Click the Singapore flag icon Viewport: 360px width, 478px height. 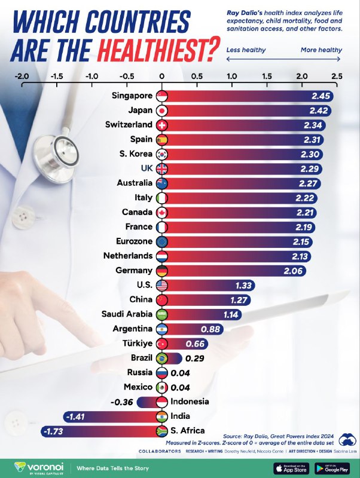point(161,96)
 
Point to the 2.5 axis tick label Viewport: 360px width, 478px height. point(336,76)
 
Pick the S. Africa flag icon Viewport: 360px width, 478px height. point(161,430)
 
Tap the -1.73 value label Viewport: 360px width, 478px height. point(54,430)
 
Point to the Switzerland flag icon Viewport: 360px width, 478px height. point(161,125)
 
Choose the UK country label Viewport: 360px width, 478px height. point(145,168)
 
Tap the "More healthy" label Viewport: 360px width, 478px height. point(322,50)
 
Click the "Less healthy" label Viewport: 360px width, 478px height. point(246,50)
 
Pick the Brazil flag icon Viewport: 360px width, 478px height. point(161,358)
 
